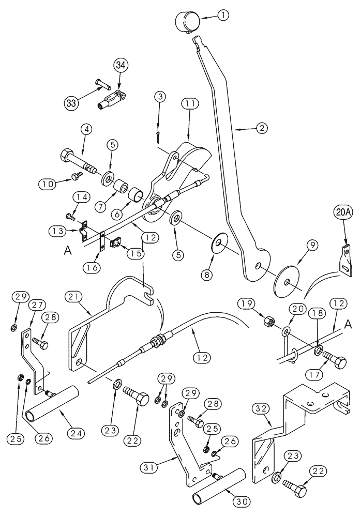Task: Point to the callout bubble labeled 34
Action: (120, 66)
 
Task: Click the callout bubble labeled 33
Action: (72, 102)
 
